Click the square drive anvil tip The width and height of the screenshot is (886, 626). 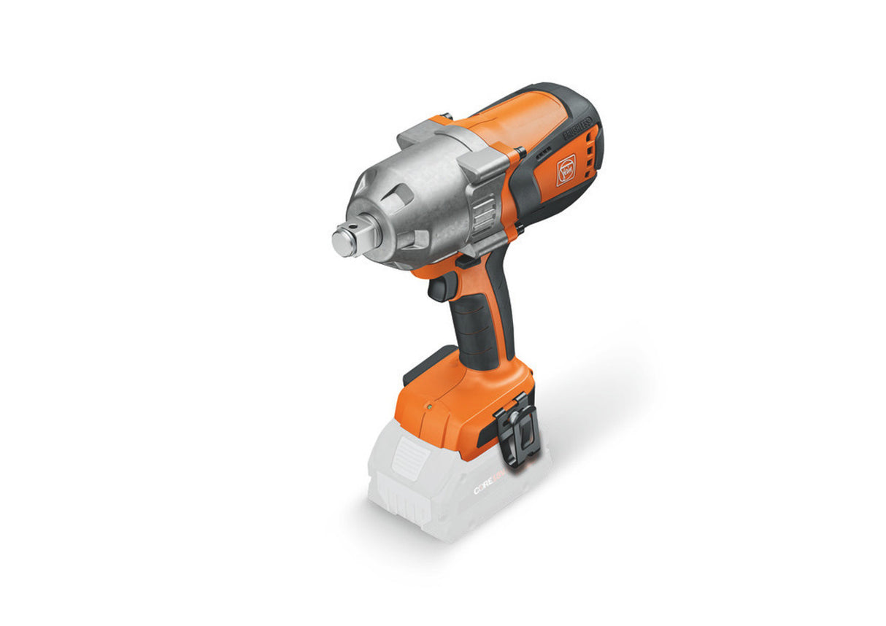click(x=344, y=241)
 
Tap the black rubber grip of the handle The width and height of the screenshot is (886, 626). click(x=474, y=328)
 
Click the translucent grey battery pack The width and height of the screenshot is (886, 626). click(x=452, y=496)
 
